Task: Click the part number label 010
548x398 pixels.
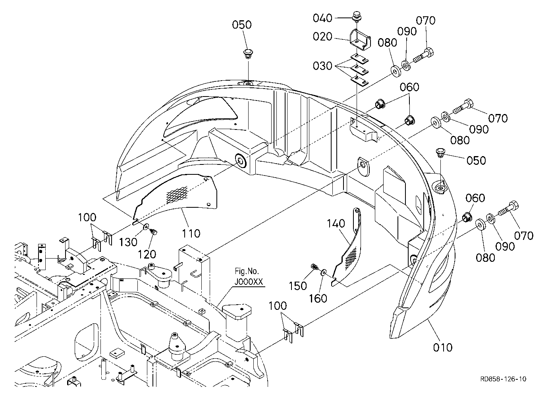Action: (442, 348)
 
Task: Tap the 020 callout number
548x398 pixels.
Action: (322, 37)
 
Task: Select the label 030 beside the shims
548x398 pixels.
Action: (322, 66)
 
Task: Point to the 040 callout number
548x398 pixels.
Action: (322, 18)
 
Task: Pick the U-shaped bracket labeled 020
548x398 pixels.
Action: (360, 40)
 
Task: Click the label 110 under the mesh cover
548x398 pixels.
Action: (191, 233)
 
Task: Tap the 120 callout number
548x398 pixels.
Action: (147, 255)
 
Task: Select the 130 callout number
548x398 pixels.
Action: (128, 242)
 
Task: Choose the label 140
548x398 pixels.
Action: (336, 224)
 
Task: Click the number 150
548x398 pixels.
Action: (298, 286)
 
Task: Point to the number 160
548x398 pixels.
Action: (318, 298)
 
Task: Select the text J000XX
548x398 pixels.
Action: (249, 282)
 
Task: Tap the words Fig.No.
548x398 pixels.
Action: (247, 271)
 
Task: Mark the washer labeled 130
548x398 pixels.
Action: (147, 226)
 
